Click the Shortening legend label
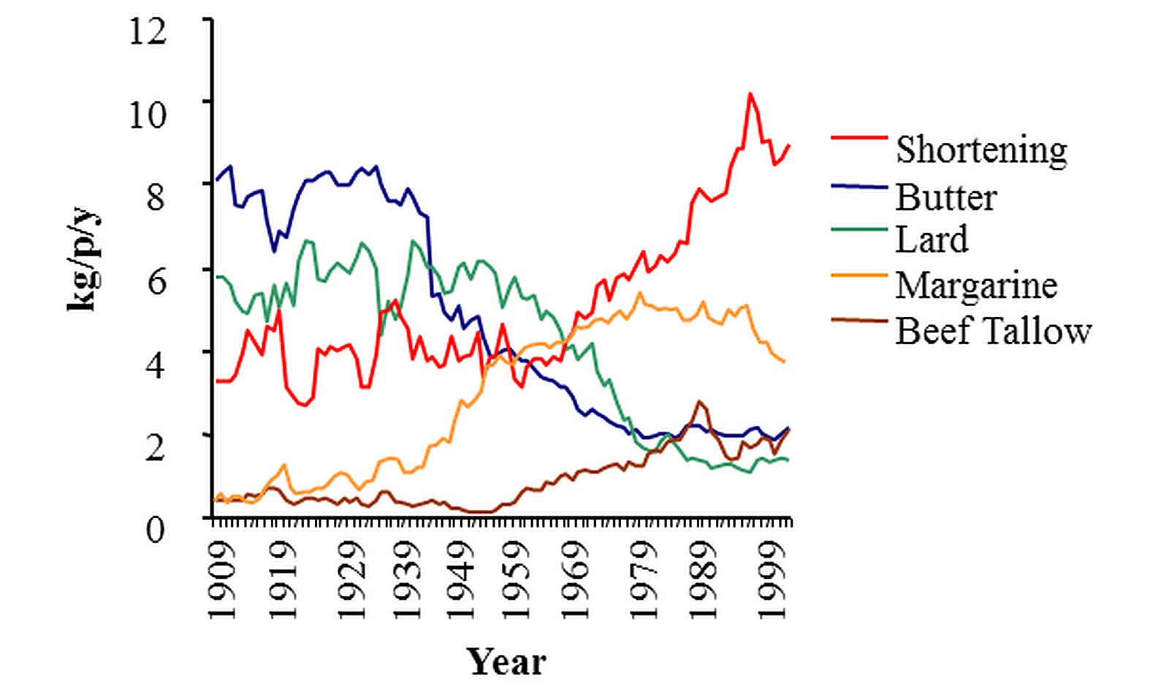[980, 150]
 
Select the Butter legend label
[946, 197]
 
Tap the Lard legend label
[932, 240]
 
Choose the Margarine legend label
[976, 285]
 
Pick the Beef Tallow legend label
[993, 331]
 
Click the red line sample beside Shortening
[860, 137]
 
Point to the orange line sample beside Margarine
[860, 273]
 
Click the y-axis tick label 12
[148, 33]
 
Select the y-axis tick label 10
[148, 115]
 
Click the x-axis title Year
[506, 662]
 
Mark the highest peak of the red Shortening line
[750, 94]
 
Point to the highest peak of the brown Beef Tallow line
[700, 401]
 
